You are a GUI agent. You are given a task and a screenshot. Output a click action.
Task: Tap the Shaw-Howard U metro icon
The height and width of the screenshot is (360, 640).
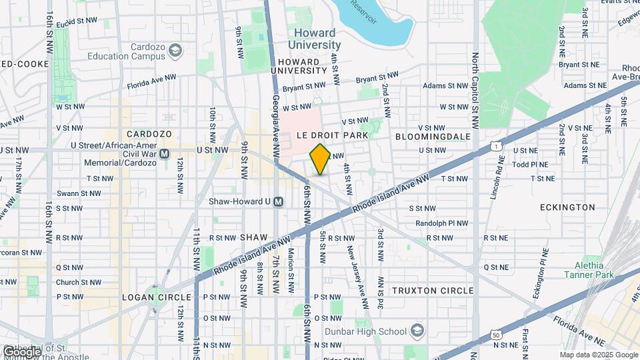(x=279, y=201)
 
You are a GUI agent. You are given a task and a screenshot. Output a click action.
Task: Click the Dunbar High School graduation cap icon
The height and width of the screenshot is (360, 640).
(x=417, y=331)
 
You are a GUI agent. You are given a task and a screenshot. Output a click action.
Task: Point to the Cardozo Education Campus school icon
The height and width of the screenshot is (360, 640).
(x=175, y=51)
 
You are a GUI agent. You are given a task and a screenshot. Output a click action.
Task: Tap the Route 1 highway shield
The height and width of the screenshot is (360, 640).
(x=495, y=145)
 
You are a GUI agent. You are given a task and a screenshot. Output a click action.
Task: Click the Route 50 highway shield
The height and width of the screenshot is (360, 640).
(x=494, y=334)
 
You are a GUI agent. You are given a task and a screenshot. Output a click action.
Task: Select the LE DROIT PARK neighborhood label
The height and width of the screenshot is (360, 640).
(x=333, y=135)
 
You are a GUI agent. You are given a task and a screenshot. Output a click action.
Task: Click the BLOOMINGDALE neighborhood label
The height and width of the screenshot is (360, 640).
(x=433, y=136)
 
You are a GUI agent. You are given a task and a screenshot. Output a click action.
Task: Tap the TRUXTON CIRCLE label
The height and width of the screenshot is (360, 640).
(x=433, y=291)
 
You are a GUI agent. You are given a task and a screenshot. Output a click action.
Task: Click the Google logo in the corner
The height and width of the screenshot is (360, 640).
(x=21, y=351)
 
